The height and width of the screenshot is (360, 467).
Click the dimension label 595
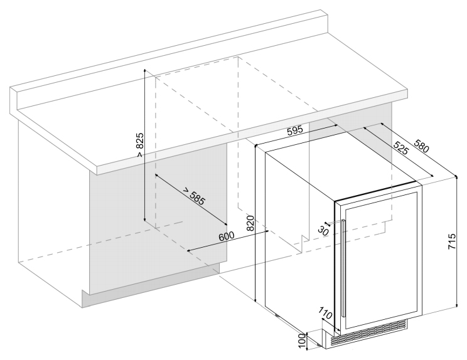[x=294, y=130]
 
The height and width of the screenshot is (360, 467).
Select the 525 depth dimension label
[x=400, y=147]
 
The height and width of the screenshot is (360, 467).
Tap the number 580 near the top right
[x=421, y=146]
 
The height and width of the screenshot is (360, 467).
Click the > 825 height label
[x=140, y=145]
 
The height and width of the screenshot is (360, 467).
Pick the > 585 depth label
[x=194, y=196]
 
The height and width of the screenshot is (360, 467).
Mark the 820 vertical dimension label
[x=250, y=223]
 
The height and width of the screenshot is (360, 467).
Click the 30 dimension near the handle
[x=323, y=230]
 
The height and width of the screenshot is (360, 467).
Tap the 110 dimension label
[x=326, y=313]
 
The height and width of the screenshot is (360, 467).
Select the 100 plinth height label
[x=302, y=341]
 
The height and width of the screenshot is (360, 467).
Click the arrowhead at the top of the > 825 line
[x=145, y=70]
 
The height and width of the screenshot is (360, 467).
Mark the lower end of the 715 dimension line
[x=457, y=307]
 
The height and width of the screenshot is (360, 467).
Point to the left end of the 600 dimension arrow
[x=188, y=251]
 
